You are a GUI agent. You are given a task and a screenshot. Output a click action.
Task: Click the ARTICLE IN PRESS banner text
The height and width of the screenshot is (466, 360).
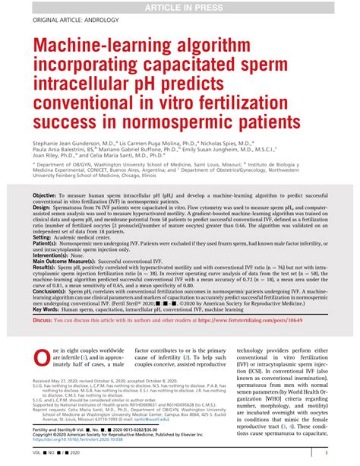[x=180, y=7]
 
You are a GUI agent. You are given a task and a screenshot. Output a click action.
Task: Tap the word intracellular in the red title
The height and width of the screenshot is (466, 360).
[x=82, y=89]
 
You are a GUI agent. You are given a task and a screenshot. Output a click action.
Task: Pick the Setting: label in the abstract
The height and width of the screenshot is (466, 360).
[x=46, y=238]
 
